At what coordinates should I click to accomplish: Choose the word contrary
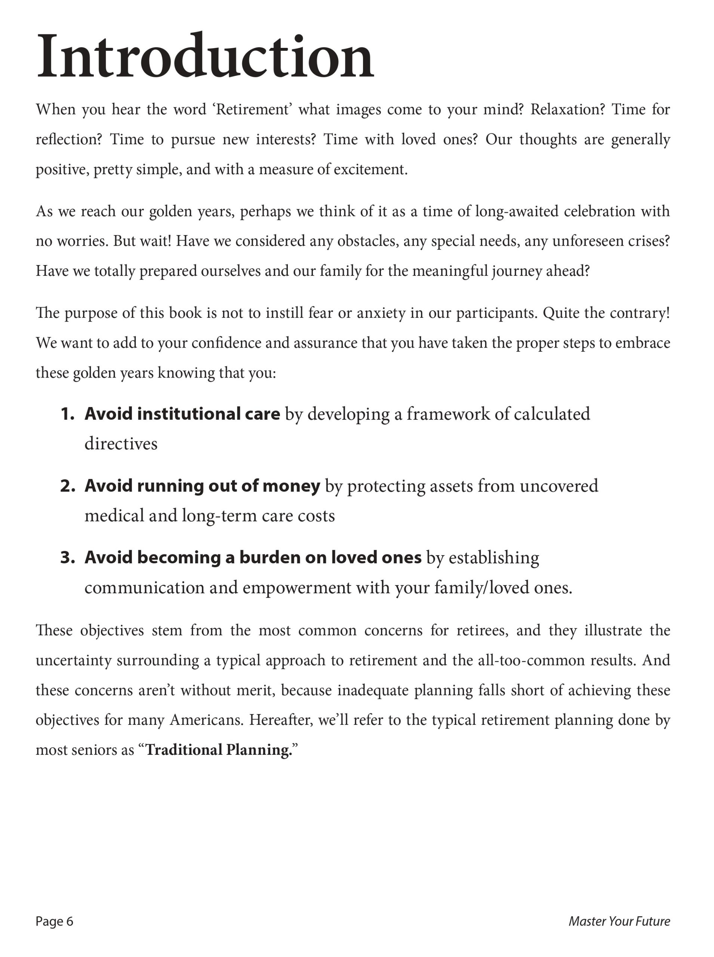click(x=639, y=313)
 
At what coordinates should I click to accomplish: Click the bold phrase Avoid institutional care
click(x=182, y=414)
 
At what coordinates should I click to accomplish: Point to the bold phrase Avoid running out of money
click(x=202, y=486)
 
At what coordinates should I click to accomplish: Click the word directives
click(x=121, y=444)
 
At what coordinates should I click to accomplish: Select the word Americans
click(x=207, y=720)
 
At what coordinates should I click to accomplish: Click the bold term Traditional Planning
click(x=219, y=750)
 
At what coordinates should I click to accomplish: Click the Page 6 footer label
click(x=55, y=921)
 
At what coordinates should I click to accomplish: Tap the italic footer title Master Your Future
click(x=619, y=921)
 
